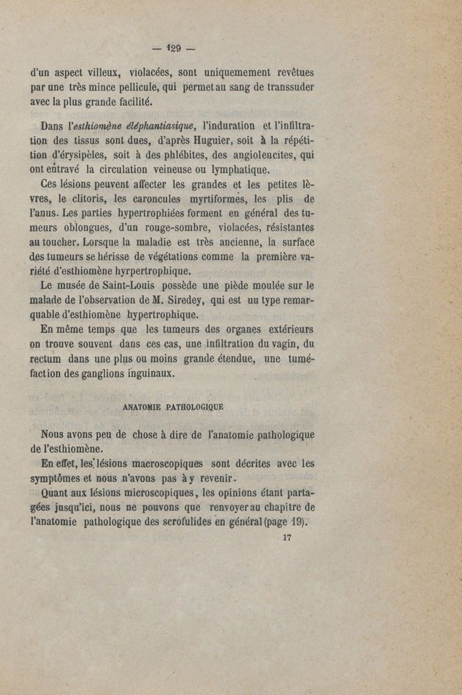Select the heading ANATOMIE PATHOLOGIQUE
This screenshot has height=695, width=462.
point(173,406)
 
